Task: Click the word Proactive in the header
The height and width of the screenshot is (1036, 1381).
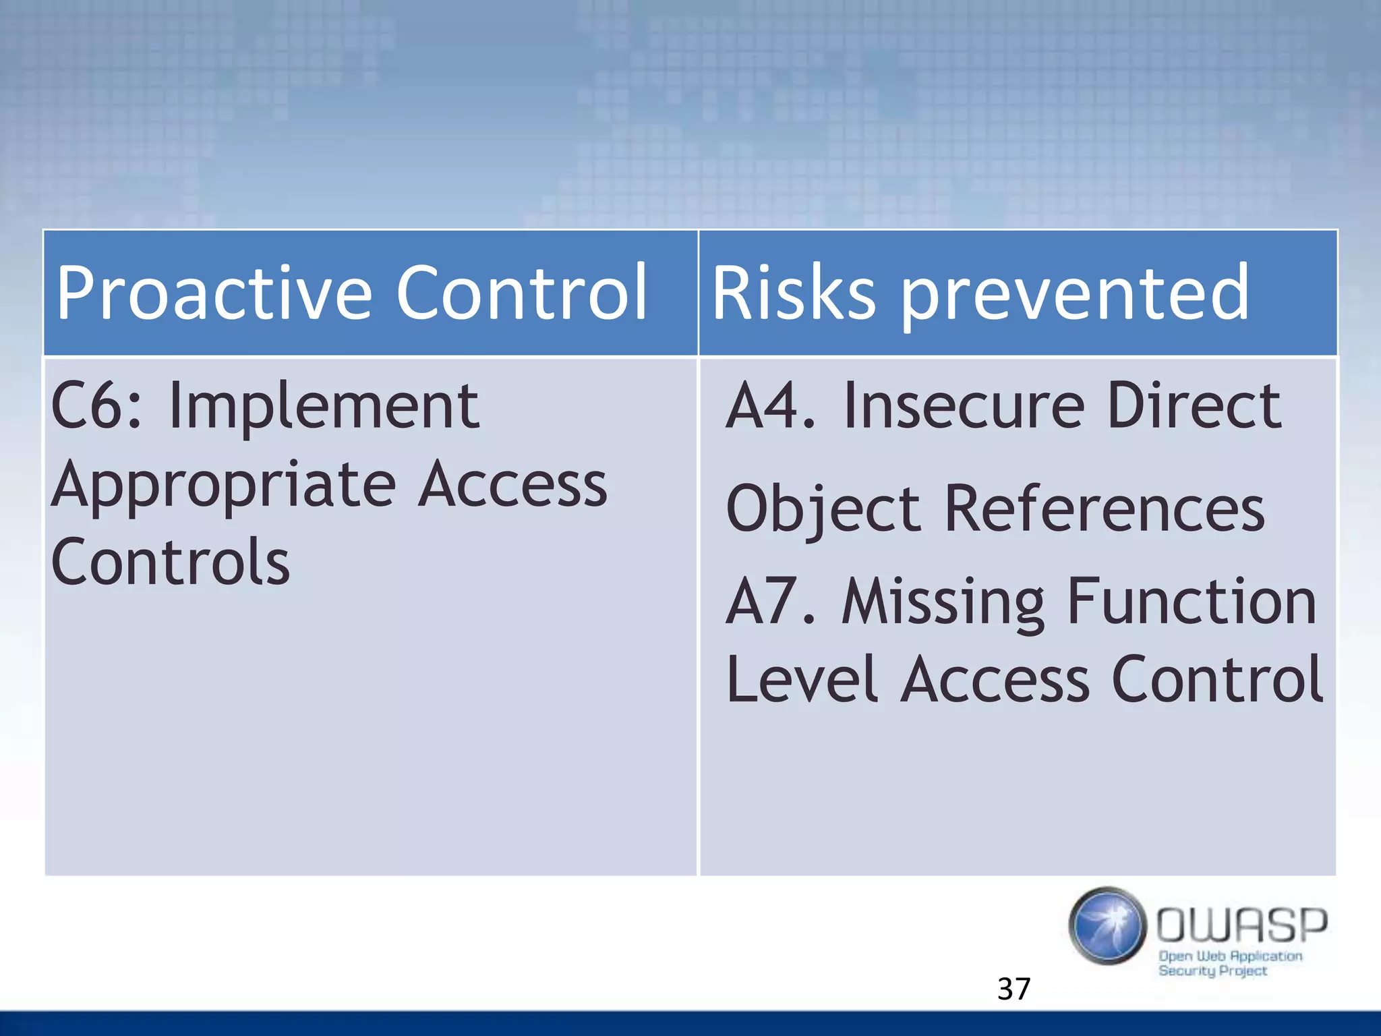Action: click(x=214, y=293)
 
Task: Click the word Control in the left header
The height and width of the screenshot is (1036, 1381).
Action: click(x=521, y=293)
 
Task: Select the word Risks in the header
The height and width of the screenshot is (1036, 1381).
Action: click(x=793, y=293)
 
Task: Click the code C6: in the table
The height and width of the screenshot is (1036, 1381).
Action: click(x=96, y=406)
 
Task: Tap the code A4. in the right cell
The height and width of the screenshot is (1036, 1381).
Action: click(x=770, y=406)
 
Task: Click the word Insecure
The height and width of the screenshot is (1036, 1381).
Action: click(x=964, y=406)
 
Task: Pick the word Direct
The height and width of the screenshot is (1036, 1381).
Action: click(x=1194, y=406)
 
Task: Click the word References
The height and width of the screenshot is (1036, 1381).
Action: click(x=1104, y=509)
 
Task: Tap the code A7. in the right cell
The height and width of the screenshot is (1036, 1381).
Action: click(x=770, y=602)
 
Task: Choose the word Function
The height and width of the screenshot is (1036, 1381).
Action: click(x=1192, y=602)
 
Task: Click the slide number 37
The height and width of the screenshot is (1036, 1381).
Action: click(x=1013, y=989)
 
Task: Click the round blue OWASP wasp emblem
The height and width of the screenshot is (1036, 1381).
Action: click(x=1107, y=926)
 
